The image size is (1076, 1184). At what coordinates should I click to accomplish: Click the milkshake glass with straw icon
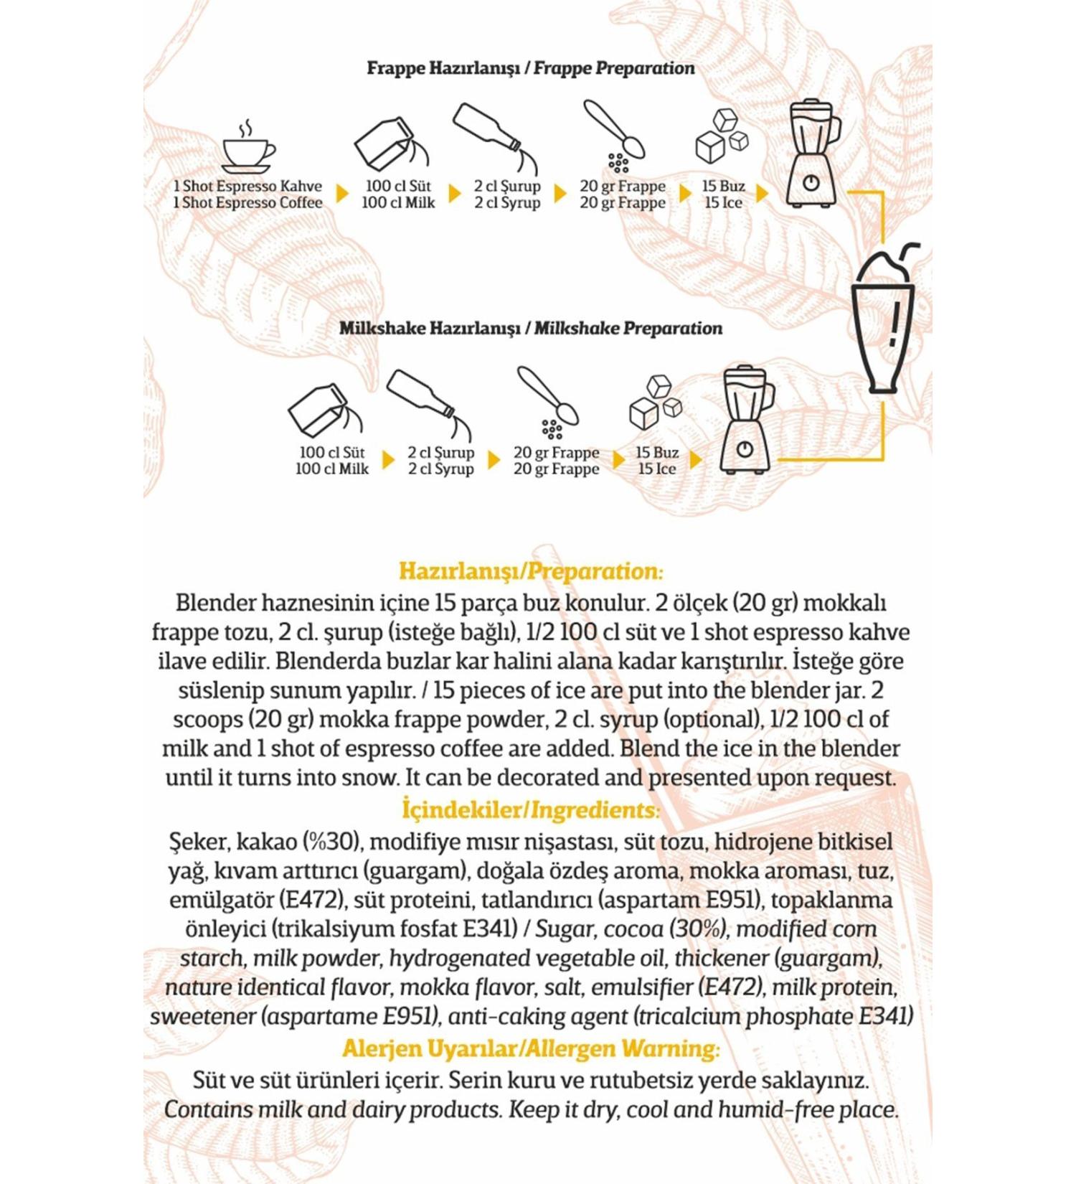(x=884, y=319)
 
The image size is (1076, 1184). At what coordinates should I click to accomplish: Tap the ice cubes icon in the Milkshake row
(x=654, y=402)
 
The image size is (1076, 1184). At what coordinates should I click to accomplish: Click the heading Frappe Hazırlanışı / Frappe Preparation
(x=530, y=68)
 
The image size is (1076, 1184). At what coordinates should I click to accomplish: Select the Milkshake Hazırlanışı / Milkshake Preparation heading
(x=530, y=328)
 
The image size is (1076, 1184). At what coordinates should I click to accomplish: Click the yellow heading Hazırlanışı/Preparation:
(x=531, y=571)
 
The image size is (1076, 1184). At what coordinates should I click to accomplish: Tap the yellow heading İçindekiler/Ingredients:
(x=531, y=810)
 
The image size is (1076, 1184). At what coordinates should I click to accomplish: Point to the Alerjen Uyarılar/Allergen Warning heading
(x=531, y=1048)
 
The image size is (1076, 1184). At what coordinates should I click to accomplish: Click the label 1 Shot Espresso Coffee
(x=247, y=202)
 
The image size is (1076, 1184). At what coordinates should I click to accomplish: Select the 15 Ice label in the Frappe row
(x=723, y=202)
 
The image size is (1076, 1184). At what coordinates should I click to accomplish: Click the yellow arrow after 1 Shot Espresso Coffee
(x=342, y=194)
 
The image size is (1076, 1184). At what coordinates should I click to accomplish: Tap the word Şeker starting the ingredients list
(x=199, y=842)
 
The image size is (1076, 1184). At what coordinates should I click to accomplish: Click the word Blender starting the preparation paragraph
(x=215, y=603)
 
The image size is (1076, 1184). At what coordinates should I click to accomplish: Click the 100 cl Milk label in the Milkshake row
(x=332, y=469)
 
